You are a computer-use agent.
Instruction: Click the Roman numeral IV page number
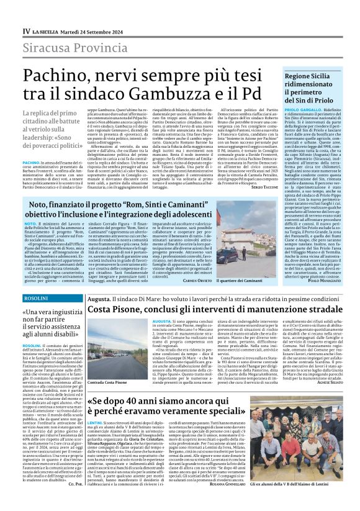tap(26, 31)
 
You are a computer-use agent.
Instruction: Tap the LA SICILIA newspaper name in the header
tap(48, 31)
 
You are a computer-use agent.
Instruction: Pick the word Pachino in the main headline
tap(60, 75)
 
